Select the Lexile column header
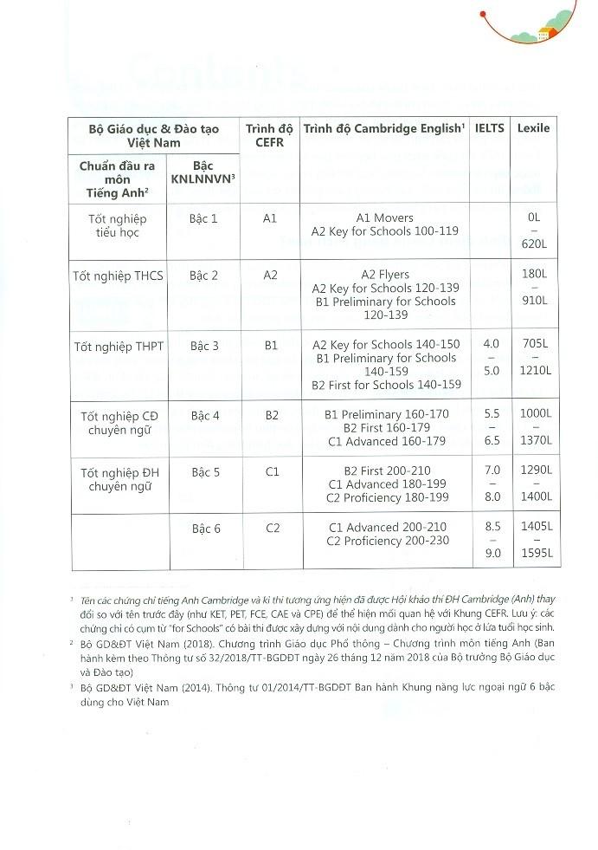click(533, 128)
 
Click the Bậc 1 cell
click(203, 218)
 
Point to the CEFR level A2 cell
click(270, 276)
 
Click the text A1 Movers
click(385, 218)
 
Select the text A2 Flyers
click(385, 275)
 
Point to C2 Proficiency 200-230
click(389, 542)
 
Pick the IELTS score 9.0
click(492, 553)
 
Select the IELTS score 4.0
click(491, 343)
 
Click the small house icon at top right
click(545, 35)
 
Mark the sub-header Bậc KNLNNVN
click(203, 172)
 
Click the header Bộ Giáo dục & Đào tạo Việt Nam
click(154, 135)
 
